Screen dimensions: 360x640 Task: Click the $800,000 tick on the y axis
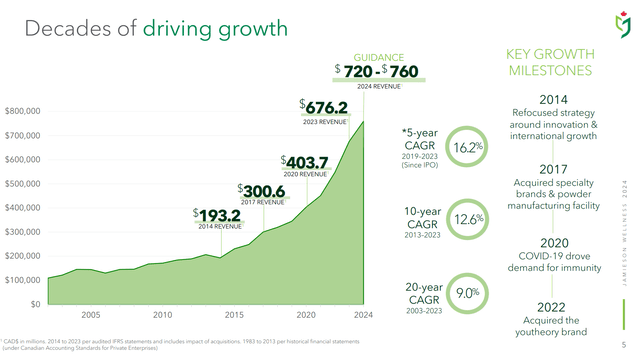click(x=22, y=110)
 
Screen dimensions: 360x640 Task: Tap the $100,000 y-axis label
click(x=22, y=280)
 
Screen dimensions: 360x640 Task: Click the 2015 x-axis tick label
click(x=234, y=315)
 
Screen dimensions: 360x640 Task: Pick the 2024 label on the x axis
click(x=363, y=315)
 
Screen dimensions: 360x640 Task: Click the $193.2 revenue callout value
click(x=217, y=215)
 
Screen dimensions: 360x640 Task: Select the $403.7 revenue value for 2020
click(x=307, y=161)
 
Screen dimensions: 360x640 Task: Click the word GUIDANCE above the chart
click(x=376, y=57)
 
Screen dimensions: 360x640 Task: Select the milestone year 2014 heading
click(x=553, y=99)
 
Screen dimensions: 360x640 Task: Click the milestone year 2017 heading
click(x=553, y=168)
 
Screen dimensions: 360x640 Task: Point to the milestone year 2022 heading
click(x=553, y=307)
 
